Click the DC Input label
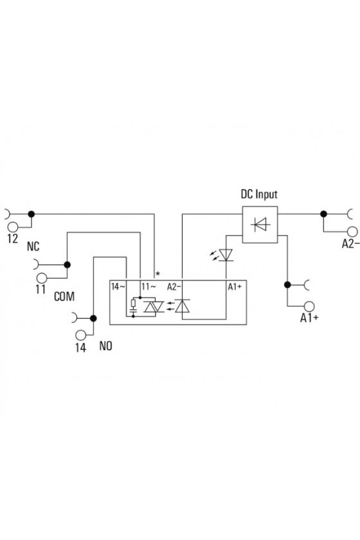click(x=258, y=195)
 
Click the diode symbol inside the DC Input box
click(x=261, y=224)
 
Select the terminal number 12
click(x=12, y=239)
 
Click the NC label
click(x=33, y=247)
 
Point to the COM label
click(x=64, y=296)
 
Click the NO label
click(x=106, y=346)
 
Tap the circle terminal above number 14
click(x=80, y=335)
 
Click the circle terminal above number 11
click(x=42, y=278)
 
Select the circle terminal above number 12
click(x=13, y=227)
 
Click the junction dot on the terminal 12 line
click(x=32, y=214)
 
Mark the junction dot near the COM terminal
click(x=67, y=265)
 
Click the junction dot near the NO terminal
click(x=93, y=318)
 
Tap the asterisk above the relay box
click(x=157, y=274)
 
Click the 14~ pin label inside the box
click(x=118, y=287)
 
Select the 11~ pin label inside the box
click(x=149, y=287)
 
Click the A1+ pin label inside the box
click(x=235, y=287)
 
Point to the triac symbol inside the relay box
click(x=154, y=307)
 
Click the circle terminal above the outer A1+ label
click(x=309, y=306)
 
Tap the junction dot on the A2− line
click(x=323, y=214)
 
